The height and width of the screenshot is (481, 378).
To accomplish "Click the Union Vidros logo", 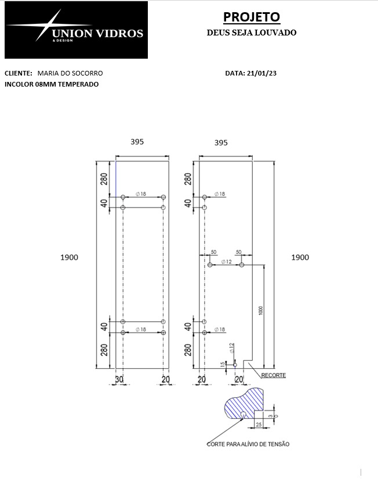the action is pyautogui.click(x=76, y=30).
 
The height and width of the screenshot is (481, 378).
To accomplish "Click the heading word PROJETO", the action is pyautogui.click(x=252, y=17).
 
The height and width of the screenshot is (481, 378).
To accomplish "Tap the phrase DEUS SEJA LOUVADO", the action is pyautogui.click(x=252, y=33).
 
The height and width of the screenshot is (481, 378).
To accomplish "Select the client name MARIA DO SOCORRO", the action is pyautogui.click(x=70, y=73).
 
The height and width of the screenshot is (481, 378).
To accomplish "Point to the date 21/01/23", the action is pyautogui.click(x=261, y=73).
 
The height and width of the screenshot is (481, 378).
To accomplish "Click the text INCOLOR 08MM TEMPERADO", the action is pyautogui.click(x=52, y=84).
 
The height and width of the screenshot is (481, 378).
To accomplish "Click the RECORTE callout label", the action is pyautogui.click(x=273, y=375).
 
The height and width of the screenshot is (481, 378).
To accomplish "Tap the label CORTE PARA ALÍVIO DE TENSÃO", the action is pyautogui.click(x=248, y=444).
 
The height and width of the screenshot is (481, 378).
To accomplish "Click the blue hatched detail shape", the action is pyautogui.click(x=244, y=403).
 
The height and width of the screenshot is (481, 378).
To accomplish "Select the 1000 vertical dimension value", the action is pyautogui.click(x=261, y=310).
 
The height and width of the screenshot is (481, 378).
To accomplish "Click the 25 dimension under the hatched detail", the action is pyautogui.click(x=259, y=425).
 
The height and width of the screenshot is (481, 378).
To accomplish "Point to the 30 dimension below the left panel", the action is pyautogui.click(x=119, y=379).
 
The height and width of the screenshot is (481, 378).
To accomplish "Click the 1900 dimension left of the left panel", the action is pyautogui.click(x=69, y=257).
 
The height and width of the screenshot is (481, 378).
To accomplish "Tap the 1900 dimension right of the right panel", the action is pyautogui.click(x=300, y=257).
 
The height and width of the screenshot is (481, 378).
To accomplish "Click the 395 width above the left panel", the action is pyautogui.click(x=137, y=142).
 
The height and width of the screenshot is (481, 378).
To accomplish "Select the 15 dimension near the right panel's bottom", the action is pyautogui.click(x=222, y=364).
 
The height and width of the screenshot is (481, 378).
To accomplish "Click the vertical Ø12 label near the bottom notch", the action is pyautogui.click(x=232, y=347).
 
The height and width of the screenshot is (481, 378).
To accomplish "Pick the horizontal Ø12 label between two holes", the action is pyautogui.click(x=227, y=261).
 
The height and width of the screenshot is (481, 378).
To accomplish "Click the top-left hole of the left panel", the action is pyautogui.click(x=123, y=197).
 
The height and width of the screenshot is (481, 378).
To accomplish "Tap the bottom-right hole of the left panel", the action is pyautogui.click(x=163, y=332).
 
